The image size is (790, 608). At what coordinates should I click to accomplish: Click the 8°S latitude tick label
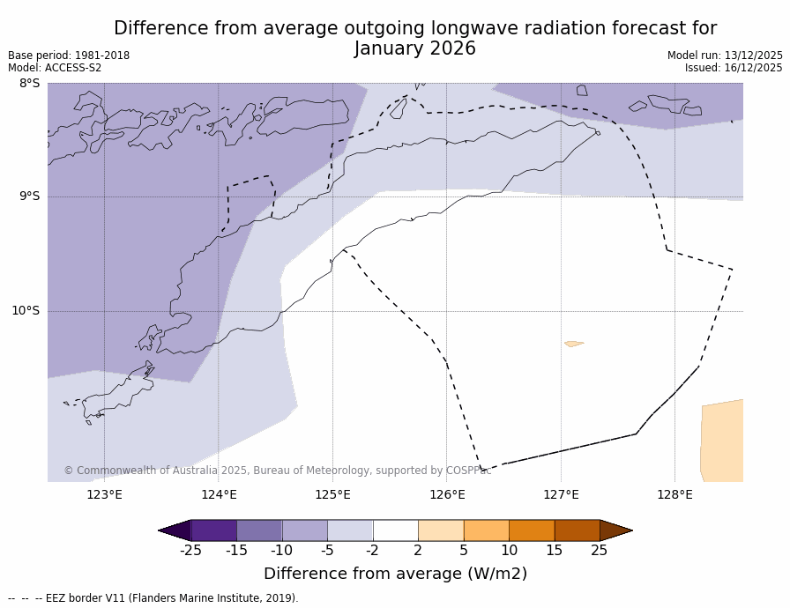29,84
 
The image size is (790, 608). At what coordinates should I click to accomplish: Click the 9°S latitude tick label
29,196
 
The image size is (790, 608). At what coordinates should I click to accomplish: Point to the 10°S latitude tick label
26,310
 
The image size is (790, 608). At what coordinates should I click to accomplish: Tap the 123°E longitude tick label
104,494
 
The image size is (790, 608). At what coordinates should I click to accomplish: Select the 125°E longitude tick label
332,494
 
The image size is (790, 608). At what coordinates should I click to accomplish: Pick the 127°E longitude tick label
561,494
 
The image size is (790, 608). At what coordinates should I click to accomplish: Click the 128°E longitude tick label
674,494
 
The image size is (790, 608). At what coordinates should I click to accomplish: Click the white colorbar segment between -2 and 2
395,530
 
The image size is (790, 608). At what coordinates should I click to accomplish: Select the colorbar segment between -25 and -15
213,530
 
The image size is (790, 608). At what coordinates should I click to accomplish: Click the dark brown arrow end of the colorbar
615,530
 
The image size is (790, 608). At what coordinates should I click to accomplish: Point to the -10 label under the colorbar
281,551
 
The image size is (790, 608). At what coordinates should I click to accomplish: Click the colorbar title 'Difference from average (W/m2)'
395,574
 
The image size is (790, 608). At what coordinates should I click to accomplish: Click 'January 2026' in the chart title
415,49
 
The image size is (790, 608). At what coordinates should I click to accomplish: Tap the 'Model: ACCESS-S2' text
55,68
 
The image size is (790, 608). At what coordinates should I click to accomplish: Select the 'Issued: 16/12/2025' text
734,68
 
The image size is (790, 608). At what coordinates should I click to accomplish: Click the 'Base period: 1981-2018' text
69,56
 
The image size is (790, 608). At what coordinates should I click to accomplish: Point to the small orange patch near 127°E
573,344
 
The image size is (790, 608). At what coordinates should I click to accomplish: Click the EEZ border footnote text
153,598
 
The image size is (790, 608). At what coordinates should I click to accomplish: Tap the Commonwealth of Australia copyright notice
278,471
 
